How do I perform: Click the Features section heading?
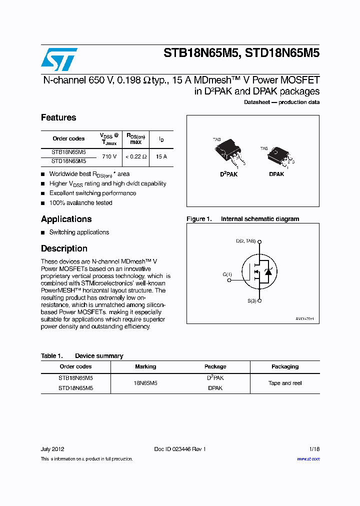[58, 117]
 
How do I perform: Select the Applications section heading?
[66, 219]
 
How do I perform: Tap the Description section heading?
[64, 248]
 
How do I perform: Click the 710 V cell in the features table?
[109, 156]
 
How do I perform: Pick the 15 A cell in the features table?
[161, 156]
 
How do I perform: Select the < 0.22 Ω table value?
[135, 156]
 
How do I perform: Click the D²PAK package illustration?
[228, 152]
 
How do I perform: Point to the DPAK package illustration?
[278, 157]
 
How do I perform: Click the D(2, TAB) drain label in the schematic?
[245, 241]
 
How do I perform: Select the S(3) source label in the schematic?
[251, 300]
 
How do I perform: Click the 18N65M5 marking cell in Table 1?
[145, 383]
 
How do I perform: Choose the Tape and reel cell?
[284, 383]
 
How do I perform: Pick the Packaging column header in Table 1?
[284, 366]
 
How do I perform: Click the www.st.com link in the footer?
[308, 459]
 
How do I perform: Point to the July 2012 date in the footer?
[52, 449]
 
